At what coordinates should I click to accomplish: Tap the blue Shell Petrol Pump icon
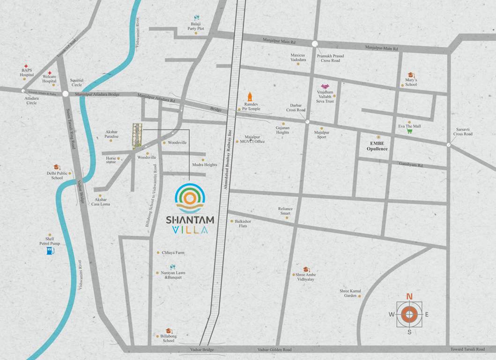click(50, 252)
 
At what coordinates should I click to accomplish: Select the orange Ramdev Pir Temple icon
click(250, 97)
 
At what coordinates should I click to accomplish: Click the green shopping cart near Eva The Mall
click(409, 131)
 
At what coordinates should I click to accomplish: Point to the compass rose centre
click(409, 314)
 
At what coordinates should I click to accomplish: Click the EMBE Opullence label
click(377, 145)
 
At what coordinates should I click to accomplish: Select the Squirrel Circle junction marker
click(65, 94)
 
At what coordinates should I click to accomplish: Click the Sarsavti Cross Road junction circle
click(449, 145)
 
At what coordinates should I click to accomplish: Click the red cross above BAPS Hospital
click(26, 67)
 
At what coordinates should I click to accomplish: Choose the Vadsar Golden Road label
click(274, 350)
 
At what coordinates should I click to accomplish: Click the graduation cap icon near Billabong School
click(168, 330)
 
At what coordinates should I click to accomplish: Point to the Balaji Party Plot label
click(196, 26)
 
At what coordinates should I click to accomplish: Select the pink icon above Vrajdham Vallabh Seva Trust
click(325, 87)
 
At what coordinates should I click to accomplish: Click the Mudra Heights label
click(205, 165)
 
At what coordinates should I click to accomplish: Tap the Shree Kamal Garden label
click(350, 293)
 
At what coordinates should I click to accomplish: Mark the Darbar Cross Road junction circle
click(307, 122)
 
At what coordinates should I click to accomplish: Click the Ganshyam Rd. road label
click(411, 165)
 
